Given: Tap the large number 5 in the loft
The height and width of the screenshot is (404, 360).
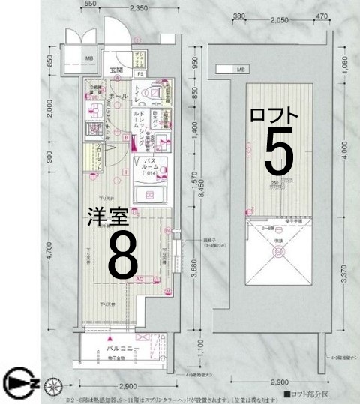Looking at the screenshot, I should (x=278, y=154).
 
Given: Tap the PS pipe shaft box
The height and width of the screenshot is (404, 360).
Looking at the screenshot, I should (x=140, y=74).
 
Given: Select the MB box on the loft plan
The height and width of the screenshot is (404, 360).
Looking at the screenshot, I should (x=240, y=70).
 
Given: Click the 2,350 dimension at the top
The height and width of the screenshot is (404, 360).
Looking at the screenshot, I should (x=137, y=9).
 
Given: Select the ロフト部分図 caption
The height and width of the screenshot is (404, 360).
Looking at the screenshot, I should (x=307, y=393).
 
